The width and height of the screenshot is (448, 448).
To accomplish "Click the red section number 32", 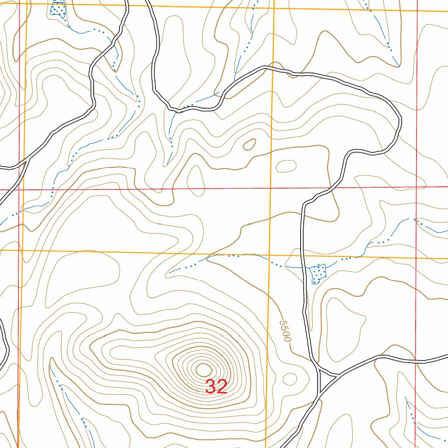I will (x=216, y=387).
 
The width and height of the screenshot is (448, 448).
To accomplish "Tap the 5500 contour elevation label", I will (x=285, y=331).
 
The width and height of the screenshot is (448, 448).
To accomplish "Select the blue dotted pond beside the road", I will (x=318, y=273).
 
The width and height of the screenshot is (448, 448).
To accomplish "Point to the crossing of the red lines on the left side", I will (x=19, y=190).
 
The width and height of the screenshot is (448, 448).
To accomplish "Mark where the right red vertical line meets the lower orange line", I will (x=416, y=258).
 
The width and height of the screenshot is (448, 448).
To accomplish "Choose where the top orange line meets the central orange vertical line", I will (x=273, y=7).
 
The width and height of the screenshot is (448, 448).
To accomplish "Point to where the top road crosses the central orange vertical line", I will (x=273, y=67).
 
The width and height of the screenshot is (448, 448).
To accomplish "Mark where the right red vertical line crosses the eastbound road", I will (x=416, y=361).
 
